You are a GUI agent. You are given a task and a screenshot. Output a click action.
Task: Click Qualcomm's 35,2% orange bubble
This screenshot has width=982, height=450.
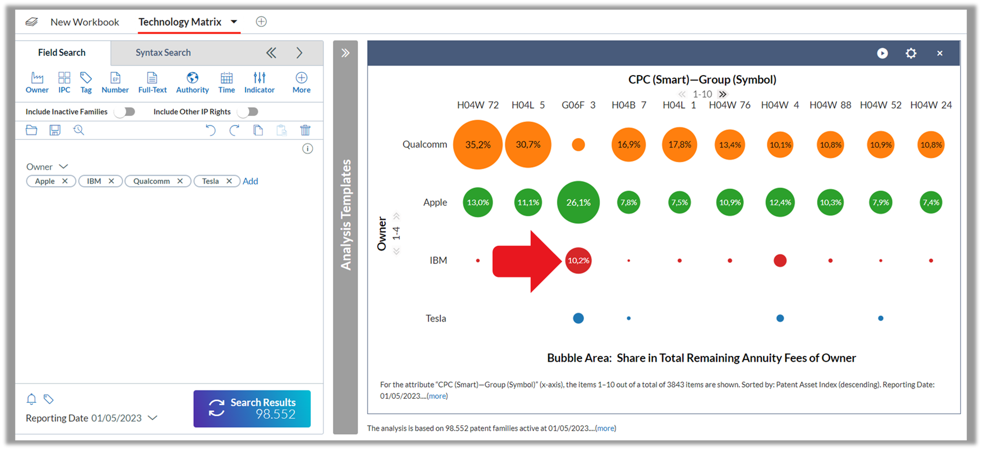coord(478,145)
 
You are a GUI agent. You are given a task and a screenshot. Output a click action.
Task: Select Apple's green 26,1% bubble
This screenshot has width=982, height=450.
coord(578,202)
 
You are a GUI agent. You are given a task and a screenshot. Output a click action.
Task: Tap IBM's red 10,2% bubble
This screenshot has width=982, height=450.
coord(578,260)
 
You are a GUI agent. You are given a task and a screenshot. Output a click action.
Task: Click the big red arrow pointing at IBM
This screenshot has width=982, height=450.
coord(527,261)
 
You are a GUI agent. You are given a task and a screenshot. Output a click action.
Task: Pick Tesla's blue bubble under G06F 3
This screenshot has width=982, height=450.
coord(578,318)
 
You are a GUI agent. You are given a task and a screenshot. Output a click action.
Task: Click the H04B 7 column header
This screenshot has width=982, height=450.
coord(629,105)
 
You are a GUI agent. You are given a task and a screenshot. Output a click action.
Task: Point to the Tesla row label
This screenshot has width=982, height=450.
coord(436,318)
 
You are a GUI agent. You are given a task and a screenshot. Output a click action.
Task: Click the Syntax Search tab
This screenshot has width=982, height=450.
coord(163,52)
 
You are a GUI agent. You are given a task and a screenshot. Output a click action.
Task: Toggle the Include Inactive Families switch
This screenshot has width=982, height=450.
coord(125,112)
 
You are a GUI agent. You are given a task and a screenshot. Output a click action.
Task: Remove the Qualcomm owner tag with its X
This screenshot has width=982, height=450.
coord(180,181)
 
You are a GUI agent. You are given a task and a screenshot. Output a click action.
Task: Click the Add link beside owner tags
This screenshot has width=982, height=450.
coord(250,181)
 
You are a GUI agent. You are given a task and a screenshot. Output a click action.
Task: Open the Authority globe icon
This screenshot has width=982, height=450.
coord(192,78)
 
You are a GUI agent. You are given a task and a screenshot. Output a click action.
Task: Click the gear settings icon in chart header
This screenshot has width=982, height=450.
coord(911,53)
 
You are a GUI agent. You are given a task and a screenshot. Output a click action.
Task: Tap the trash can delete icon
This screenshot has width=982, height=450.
coord(305,130)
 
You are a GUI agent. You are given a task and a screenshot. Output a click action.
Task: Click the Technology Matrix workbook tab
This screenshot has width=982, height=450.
coord(180,22)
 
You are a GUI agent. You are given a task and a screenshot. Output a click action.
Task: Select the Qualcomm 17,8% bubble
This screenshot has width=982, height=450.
coord(679,145)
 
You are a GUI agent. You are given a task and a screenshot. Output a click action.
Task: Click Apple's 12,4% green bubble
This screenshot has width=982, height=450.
coord(780,202)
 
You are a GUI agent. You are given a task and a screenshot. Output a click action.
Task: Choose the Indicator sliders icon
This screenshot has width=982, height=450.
coord(259,78)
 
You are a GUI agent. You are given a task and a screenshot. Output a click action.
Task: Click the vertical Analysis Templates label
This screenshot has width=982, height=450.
coord(346,215)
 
